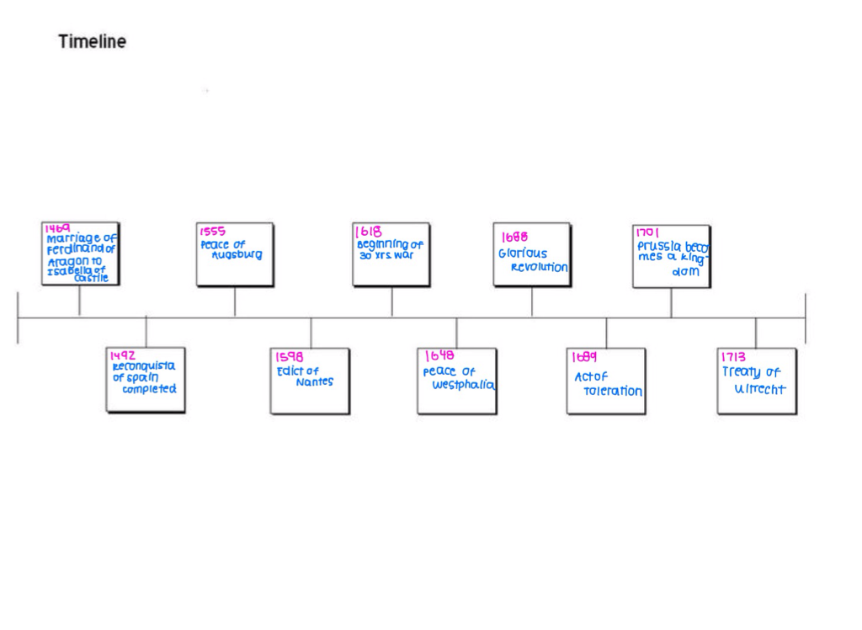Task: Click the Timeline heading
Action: (93, 41)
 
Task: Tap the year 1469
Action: (58, 228)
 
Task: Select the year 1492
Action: (123, 356)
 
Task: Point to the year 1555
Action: (213, 232)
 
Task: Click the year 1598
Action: (290, 357)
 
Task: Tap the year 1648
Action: (439, 356)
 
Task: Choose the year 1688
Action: (514, 238)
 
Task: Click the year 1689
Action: (584, 357)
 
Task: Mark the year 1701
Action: (648, 232)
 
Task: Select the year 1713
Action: (733, 357)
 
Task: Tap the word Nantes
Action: (314, 382)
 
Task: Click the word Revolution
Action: (539, 267)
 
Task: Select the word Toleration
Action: (612, 392)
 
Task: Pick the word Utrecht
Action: (759, 389)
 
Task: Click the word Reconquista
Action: (144, 366)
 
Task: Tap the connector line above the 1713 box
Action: (755, 333)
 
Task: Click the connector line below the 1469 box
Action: (80, 301)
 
